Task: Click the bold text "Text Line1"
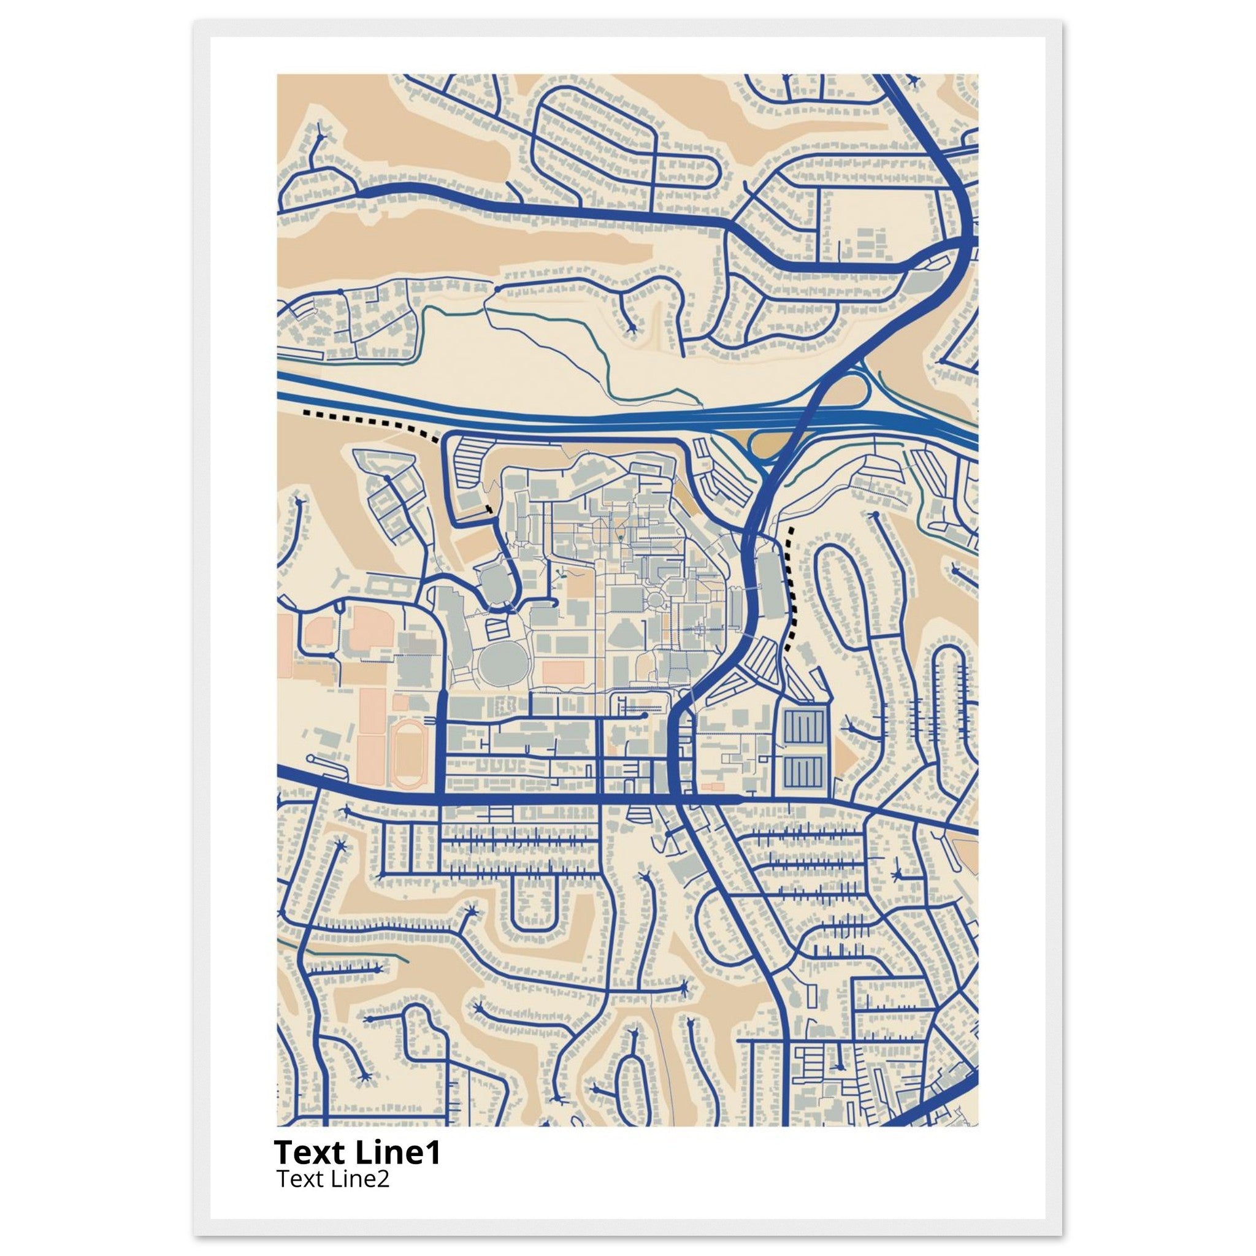point(357,1152)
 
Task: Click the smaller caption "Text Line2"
point(333,1178)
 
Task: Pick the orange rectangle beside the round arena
point(563,672)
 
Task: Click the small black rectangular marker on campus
point(488,508)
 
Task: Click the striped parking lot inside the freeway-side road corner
point(470,461)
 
